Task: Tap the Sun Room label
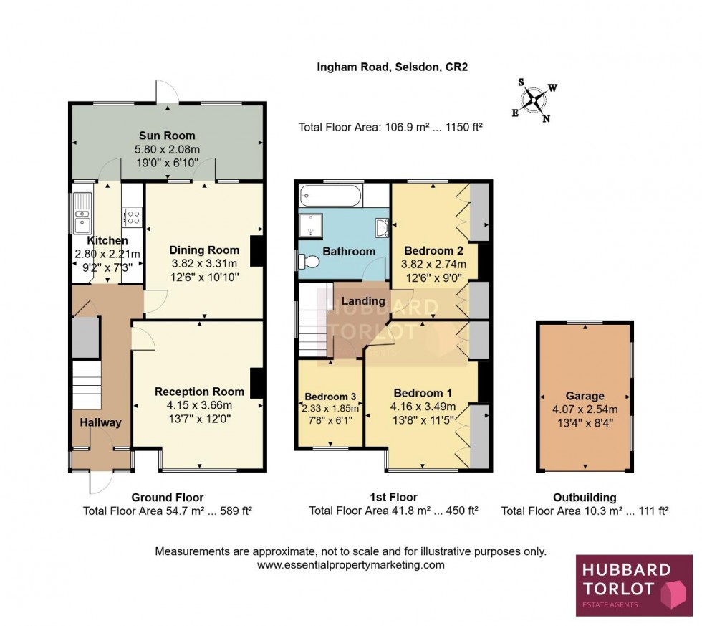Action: (167, 136)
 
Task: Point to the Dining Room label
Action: (204, 250)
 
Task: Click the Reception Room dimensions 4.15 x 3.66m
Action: (199, 404)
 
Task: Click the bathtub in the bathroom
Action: (330, 194)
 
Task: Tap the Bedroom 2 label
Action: (434, 251)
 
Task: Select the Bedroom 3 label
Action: (330, 397)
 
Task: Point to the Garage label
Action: (585, 396)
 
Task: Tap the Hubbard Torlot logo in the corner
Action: (633, 584)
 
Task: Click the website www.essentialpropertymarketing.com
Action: (351, 565)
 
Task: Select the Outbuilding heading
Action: (585, 497)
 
